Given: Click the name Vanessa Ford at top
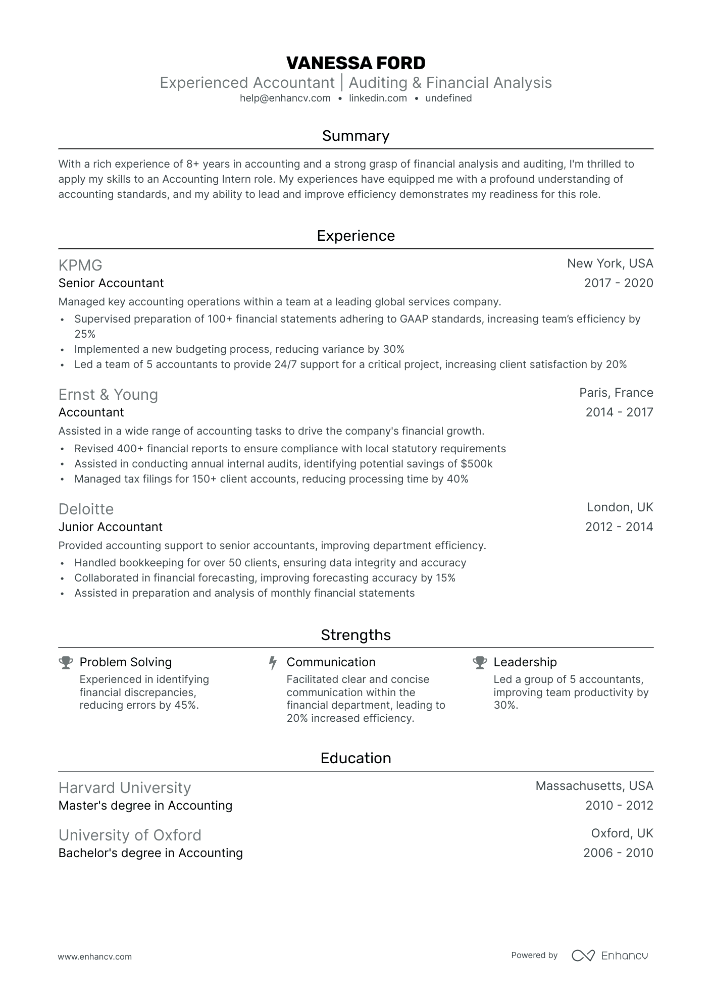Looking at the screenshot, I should (355, 63).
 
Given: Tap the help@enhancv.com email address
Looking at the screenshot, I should (285, 98).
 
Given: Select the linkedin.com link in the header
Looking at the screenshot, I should (378, 98).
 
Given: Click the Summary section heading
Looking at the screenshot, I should (355, 136).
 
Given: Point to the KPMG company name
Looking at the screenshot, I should (80, 265).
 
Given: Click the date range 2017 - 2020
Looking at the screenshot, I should (618, 283).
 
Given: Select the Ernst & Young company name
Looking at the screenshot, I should (108, 394).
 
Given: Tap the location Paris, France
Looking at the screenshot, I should (616, 393).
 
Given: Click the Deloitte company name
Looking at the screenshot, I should (86, 509).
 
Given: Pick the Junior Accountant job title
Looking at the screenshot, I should (111, 527).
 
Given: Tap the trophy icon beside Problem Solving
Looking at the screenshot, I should (66, 663).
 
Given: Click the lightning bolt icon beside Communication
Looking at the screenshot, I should (273, 663).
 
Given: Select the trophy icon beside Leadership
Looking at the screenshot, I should (480, 663).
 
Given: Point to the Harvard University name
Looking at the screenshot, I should (125, 787).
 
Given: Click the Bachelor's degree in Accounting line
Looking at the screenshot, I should (150, 853).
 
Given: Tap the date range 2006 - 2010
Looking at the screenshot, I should (618, 853).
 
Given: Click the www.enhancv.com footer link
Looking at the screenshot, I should (95, 957).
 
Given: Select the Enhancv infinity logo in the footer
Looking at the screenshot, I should (583, 956).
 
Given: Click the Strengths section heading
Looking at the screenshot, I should (355, 635).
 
